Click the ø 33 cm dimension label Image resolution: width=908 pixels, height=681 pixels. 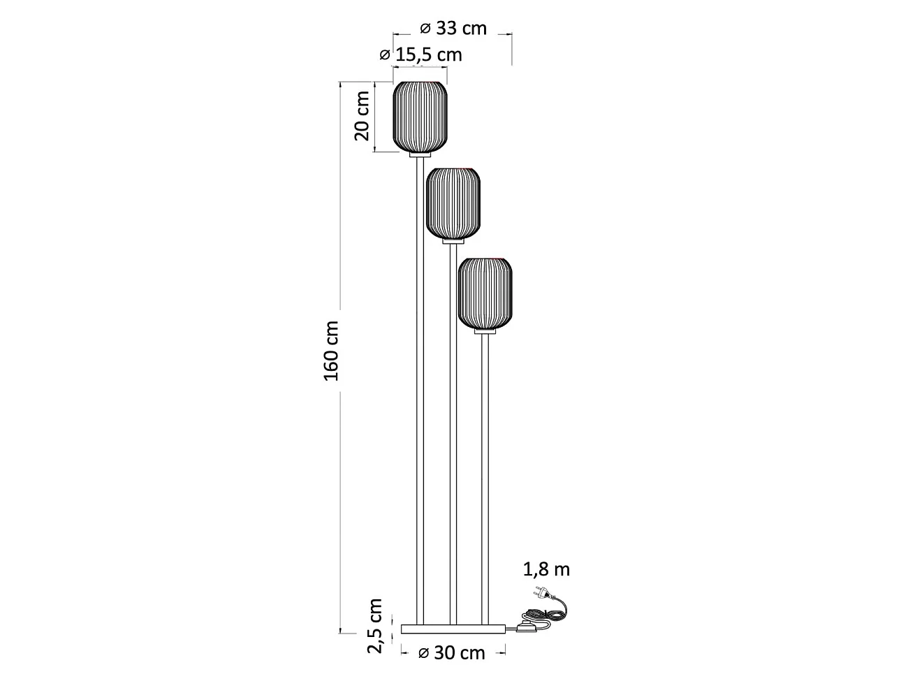(x=453, y=29)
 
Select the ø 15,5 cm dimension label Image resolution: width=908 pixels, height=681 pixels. (x=420, y=55)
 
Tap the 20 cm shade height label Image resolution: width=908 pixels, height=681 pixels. (x=362, y=116)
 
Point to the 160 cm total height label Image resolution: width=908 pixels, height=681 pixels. (x=331, y=351)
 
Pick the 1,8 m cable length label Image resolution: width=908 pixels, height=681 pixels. (x=546, y=570)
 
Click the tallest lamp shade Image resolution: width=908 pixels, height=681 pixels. (x=420, y=117)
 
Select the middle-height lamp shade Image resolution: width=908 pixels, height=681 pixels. (x=453, y=203)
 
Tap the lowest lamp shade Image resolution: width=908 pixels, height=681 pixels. (x=485, y=293)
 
